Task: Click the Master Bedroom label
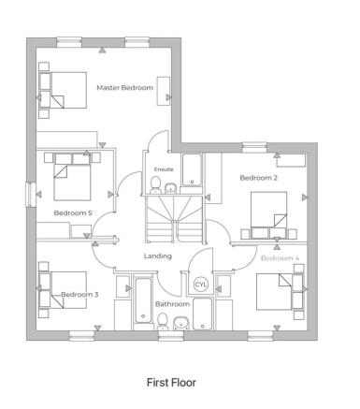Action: click(124, 87)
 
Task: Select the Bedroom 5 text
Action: click(73, 213)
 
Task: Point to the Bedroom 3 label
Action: click(80, 295)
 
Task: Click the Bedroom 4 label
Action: click(280, 257)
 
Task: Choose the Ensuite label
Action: click(165, 169)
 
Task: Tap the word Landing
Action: click(157, 256)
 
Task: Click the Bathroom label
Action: click(172, 304)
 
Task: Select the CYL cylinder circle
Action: click(200, 284)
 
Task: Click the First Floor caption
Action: click(171, 383)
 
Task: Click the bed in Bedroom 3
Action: click(61, 294)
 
